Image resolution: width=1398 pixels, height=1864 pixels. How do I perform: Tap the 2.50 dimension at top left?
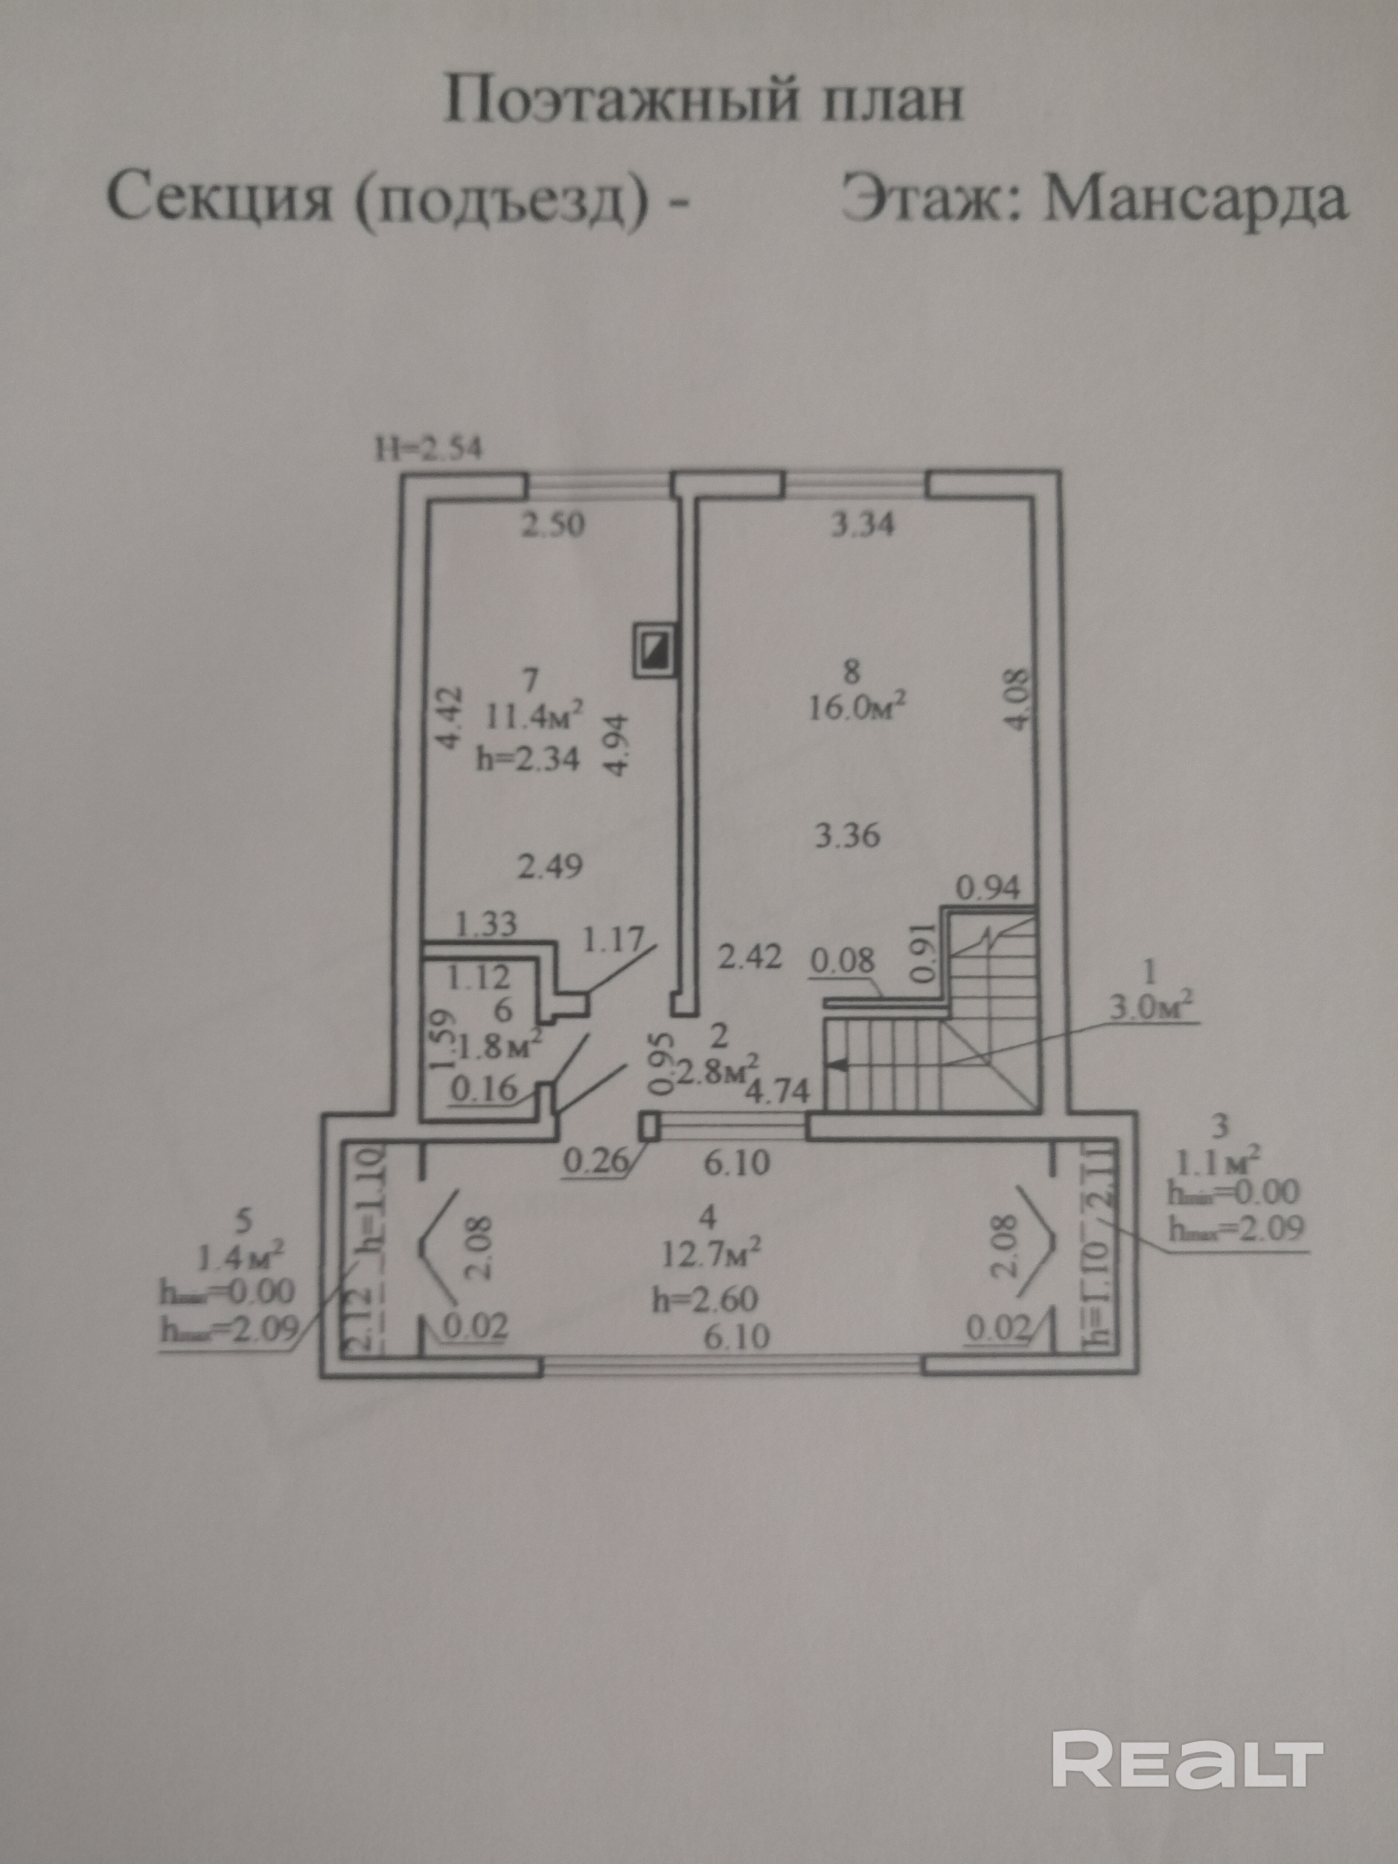click(552, 526)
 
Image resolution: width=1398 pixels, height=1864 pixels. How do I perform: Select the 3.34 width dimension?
click(862, 526)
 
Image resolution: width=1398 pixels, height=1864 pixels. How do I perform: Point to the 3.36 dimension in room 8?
click(849, 836)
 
